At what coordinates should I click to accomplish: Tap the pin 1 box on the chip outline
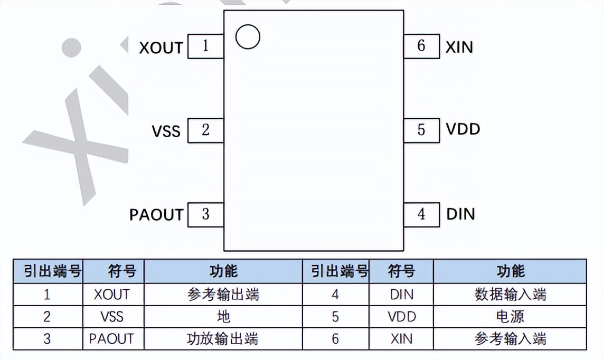click(x=205, y=46)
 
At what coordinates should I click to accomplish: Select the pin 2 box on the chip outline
click(x=205, y=130)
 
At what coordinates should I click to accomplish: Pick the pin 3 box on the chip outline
click(x=205, y=215)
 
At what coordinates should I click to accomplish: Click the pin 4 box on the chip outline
click(x=421, y=215)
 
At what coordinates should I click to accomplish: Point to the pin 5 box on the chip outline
click(x=421, y=130)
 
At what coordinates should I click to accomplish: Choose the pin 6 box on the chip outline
click(x=421, y=46)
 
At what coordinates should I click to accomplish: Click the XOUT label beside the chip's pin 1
click(x=161, y=48)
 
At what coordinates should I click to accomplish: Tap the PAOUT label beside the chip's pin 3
click(x=156, y=215)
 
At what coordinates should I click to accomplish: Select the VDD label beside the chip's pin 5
click(x=463, y=129)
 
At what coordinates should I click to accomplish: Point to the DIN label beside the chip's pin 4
click(x=461, y=214)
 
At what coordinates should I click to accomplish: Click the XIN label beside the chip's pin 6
click(x=459, y=47)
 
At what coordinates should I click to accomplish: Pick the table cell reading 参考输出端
click(x=223, y=295)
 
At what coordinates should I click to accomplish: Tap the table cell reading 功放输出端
click(x=223, y=339)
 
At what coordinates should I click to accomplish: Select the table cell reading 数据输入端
click(x=510, y=295)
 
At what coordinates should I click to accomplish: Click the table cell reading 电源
click(x=510, y=317)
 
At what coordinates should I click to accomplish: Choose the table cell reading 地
click(x=223, y=317)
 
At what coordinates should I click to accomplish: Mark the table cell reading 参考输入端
click(x=510, y=339)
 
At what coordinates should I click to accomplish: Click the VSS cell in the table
click(x=112, y=317)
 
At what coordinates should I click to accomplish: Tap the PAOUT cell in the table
click(x=112, y=339)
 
